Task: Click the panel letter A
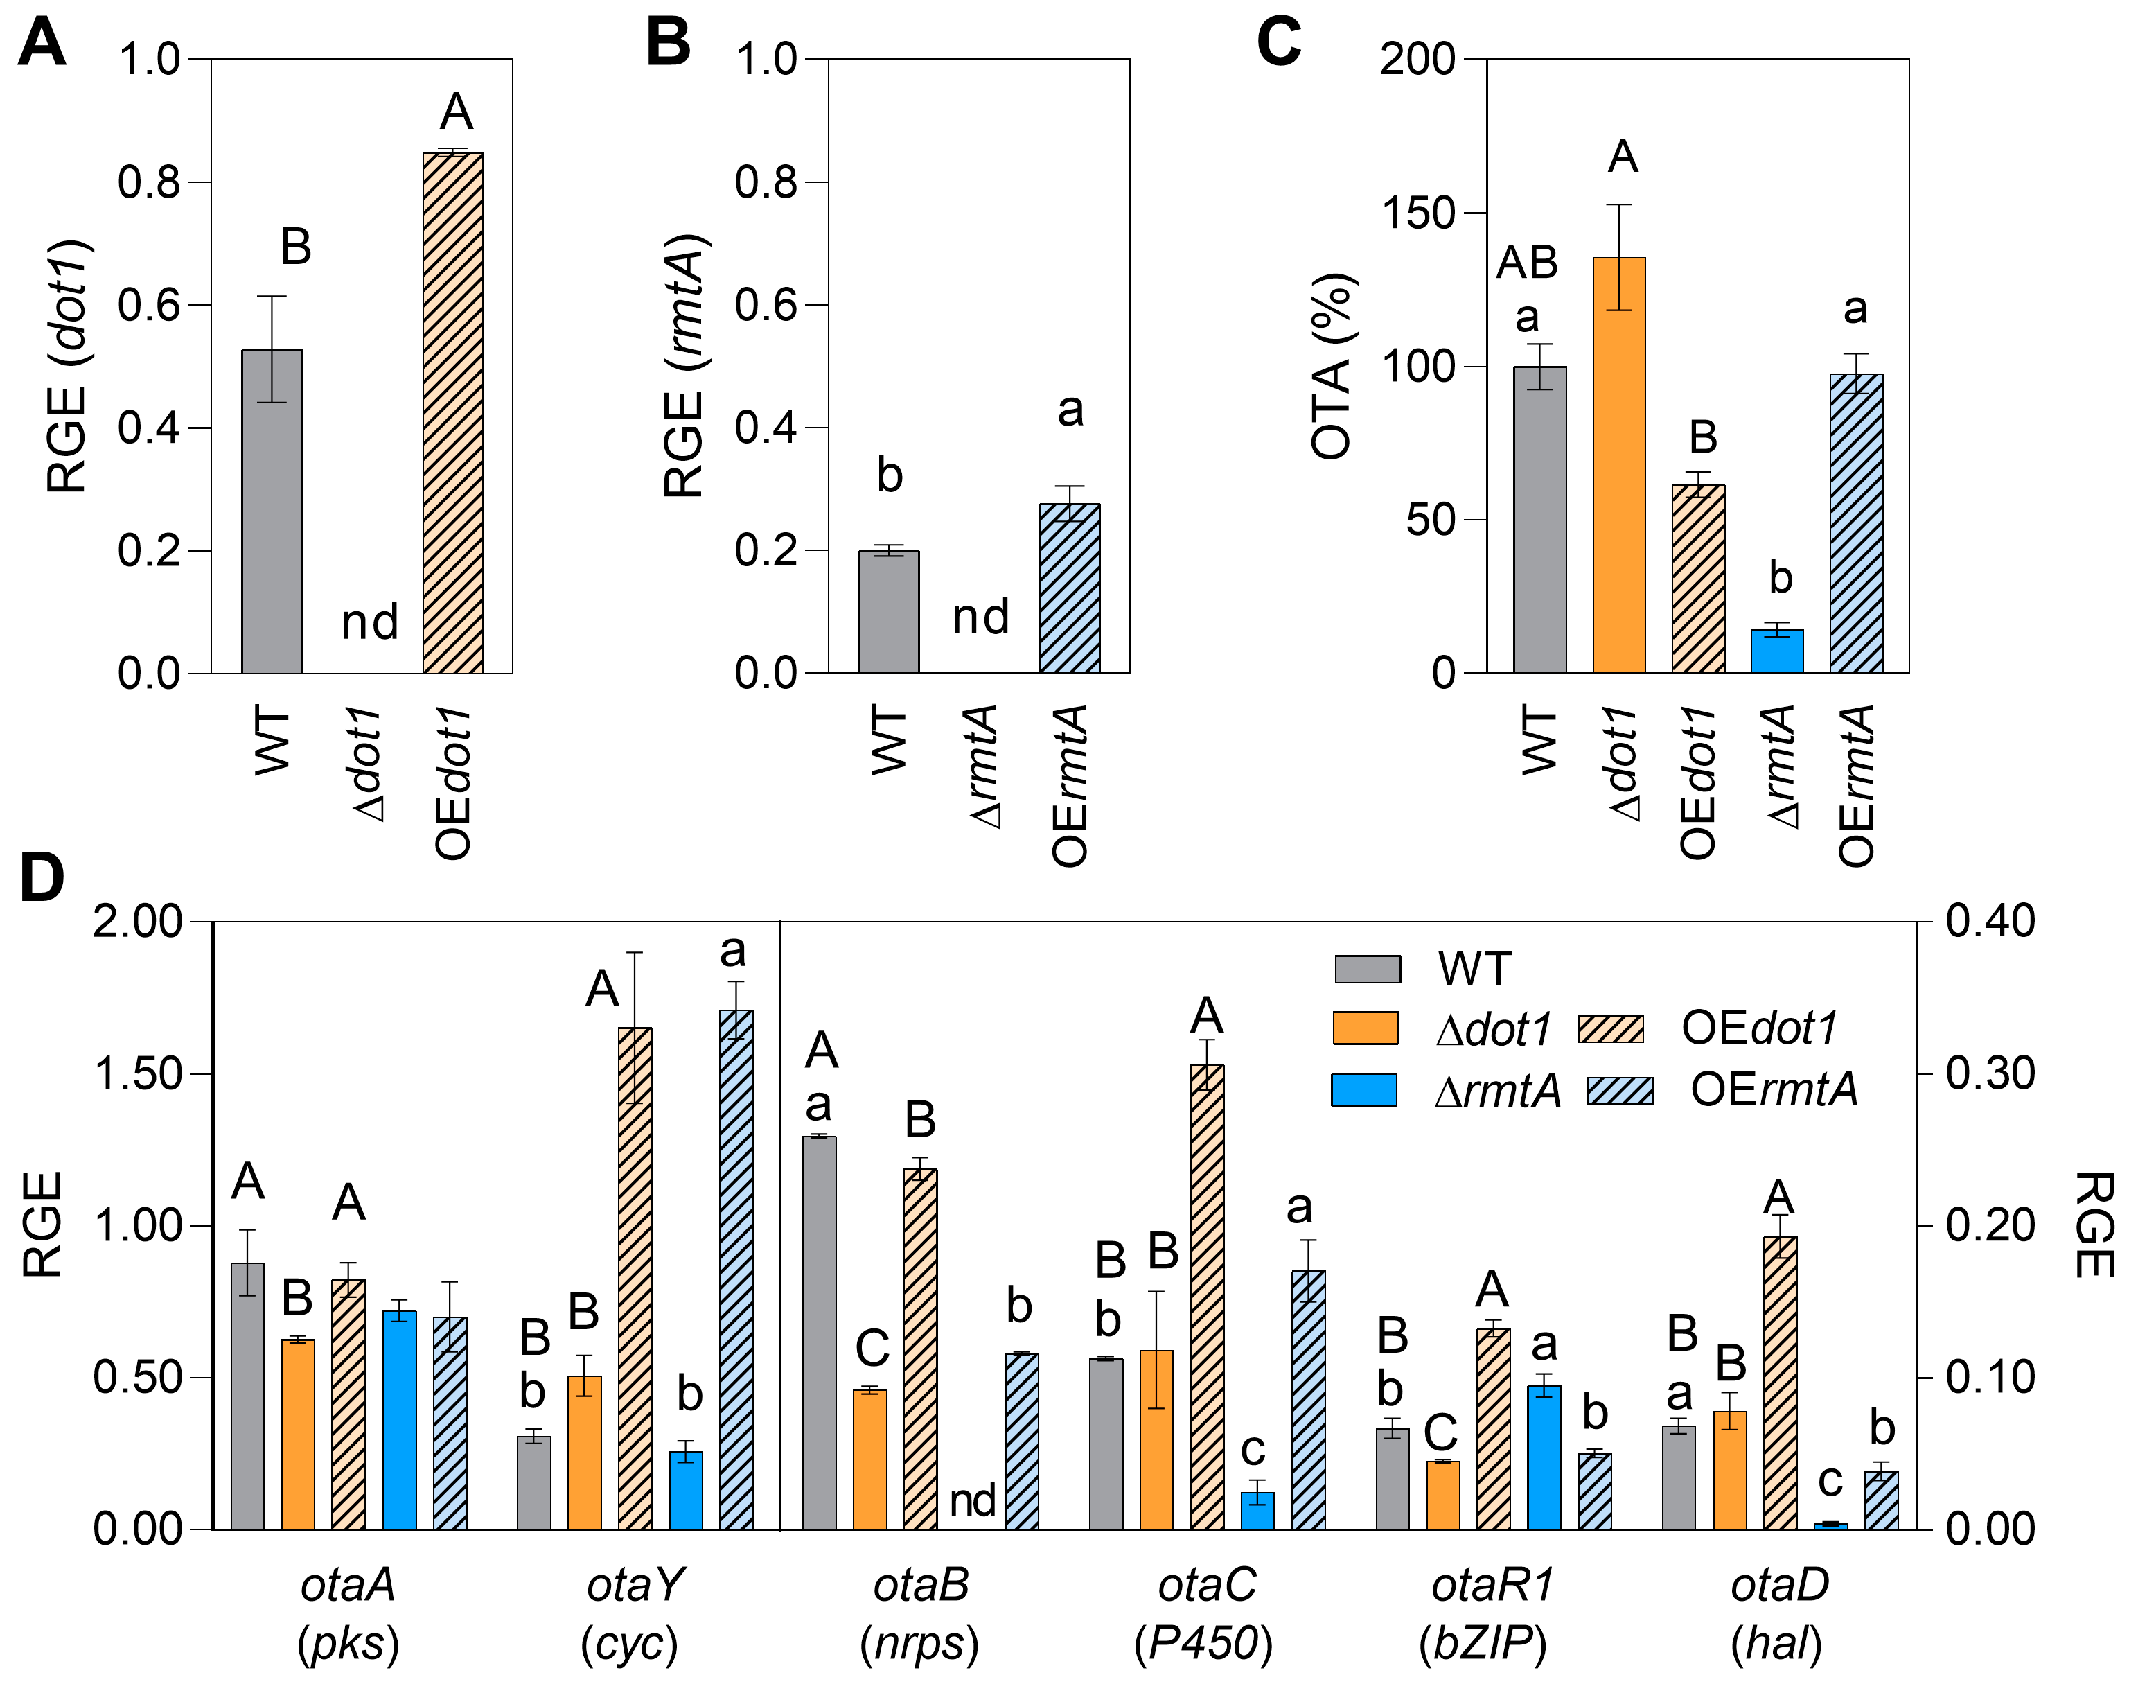[x=42, y=44]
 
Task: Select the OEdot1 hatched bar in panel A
[x=452, y=414]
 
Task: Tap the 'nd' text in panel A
[x=370, y=622]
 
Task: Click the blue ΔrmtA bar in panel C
[x=1777, y=651]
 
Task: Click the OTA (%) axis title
[x=1332, y=367]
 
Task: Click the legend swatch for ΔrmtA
[x=1364, y=1089]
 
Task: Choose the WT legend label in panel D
[x=1474, y=968]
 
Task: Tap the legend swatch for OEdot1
[x=1611, y=1028]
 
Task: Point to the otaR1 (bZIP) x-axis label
[x=1492, y=1613]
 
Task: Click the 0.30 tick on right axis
[x=1990, y=1073]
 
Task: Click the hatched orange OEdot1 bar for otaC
[x=1208, y=1297]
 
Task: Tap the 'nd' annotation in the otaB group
[x=972, y=1500]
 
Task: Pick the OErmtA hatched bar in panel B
[x=1070, y=588]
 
